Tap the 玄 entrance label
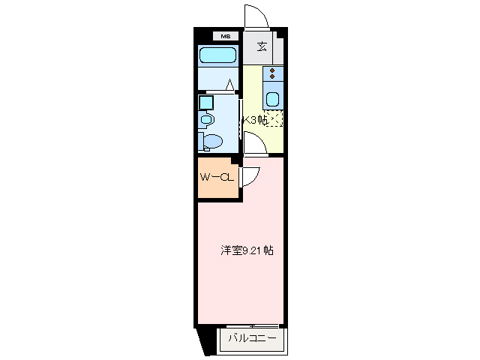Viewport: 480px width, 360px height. tap(262, 47)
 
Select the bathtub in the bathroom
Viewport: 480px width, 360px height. tap(218, 55)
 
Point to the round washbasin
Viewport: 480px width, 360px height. tap(207, 118)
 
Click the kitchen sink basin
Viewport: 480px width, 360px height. tap(274, 99)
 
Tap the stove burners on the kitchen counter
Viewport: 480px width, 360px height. tap(274, 75)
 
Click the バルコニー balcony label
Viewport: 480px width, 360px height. tap(252, 338)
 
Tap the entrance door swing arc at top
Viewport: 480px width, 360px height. tap(253, 16)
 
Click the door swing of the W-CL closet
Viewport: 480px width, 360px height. tap(250, 175)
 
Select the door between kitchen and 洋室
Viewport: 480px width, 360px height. tap(254, 145)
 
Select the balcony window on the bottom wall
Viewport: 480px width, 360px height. tap(252, 325)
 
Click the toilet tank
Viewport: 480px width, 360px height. tap(201, 140)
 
